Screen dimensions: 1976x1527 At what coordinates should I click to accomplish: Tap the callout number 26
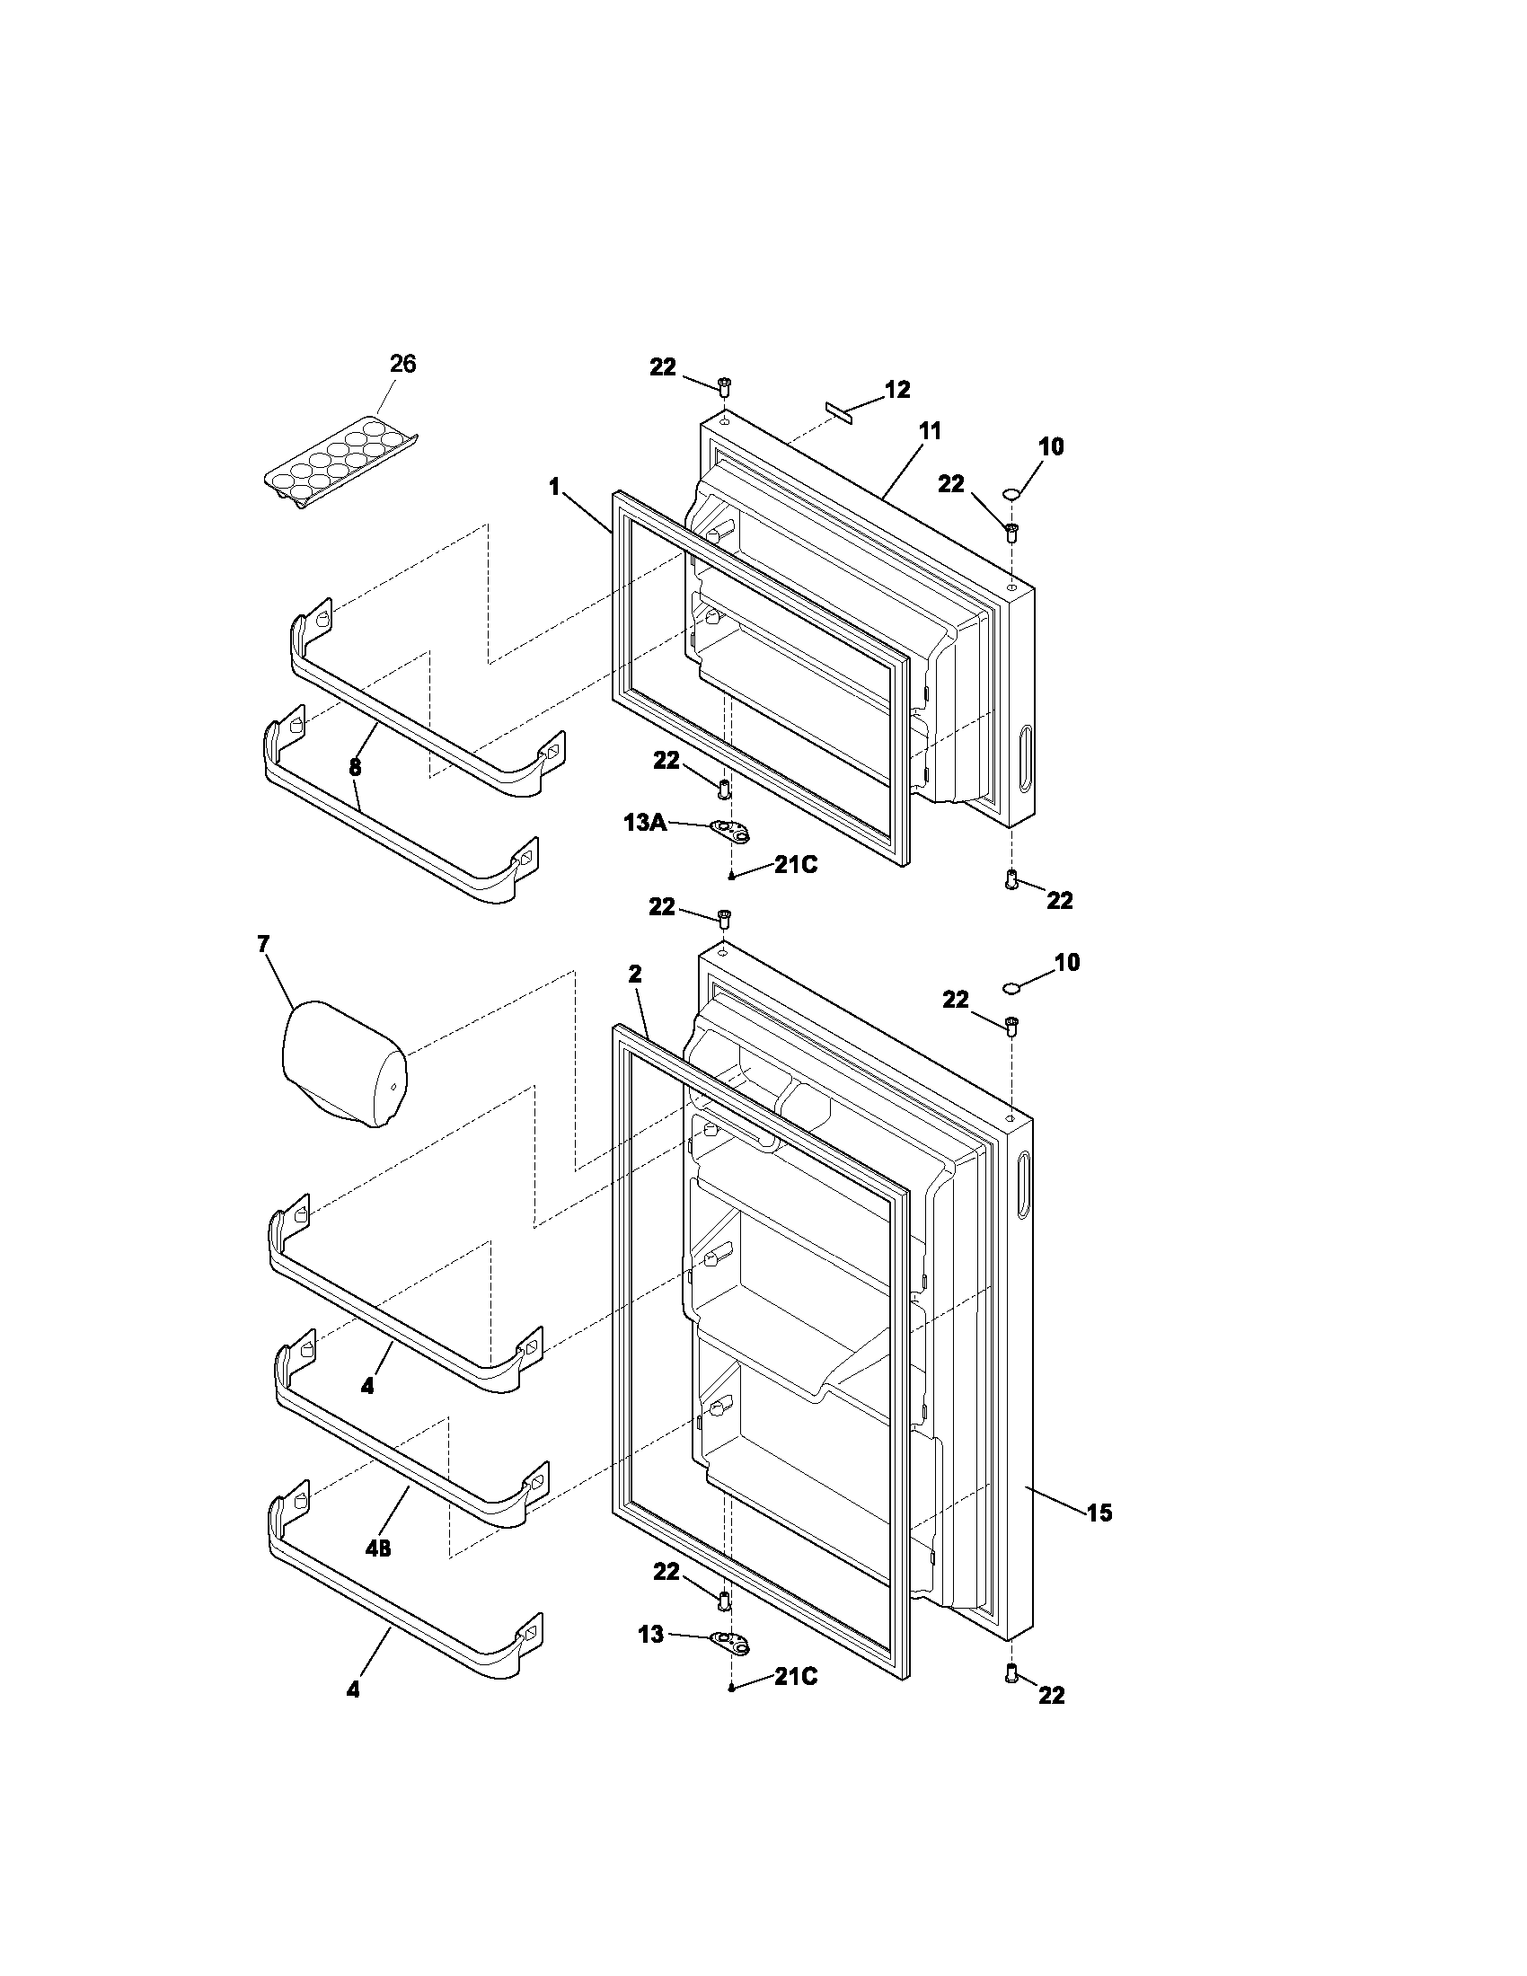click(x=402, y=364)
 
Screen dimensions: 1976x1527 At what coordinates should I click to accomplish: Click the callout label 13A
click(x=645, y=823)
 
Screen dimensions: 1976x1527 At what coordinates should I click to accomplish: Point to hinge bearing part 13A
click(x=731, y=831)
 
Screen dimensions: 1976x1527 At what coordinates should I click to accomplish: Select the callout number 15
click(x=1099, y=1512)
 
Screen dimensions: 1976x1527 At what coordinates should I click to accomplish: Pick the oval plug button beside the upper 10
click(x=1011, y=493)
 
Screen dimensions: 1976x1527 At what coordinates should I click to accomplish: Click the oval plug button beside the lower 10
click(x=1011, y=985)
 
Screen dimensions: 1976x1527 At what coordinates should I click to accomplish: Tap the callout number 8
click(x=355, y=767)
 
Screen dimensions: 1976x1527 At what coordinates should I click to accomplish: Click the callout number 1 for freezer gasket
click(x=553, y=488)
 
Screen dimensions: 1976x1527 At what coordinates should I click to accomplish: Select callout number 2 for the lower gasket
click(x=634, y=974)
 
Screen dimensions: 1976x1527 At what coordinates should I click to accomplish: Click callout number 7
click(x=262, y=945)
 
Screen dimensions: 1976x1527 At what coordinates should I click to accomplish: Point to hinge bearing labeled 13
click(x=731, y=1642)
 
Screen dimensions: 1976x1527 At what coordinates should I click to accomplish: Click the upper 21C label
click(x=795, y=865)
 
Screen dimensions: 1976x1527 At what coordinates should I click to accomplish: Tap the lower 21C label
click(x=795, y=1677)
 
